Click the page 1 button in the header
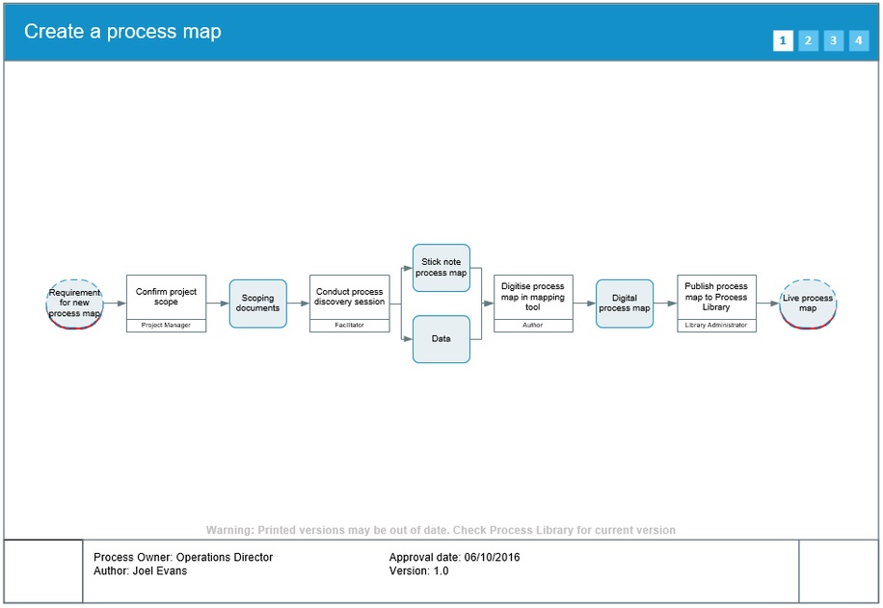(783, 40)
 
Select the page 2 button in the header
(808, 40)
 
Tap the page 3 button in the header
(833, 40)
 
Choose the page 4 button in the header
(858, 40)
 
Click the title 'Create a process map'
(122, 32)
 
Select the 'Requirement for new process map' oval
(74, 303)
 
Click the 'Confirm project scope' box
(166, 297)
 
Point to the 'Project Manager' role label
(166, 326)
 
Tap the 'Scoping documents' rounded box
(257, 304)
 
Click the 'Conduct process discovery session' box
(349, 297)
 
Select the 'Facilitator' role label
(349, 326)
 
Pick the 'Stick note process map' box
(441, 268)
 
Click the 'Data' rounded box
(441, 339)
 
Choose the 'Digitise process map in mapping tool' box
(533, 297)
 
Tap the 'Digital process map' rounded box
(624, 304)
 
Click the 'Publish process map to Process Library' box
(716, 297)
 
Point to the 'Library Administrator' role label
(716, 326)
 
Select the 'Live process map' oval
(808, 303)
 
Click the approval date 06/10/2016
(492, 558)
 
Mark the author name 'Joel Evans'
(159, 571)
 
